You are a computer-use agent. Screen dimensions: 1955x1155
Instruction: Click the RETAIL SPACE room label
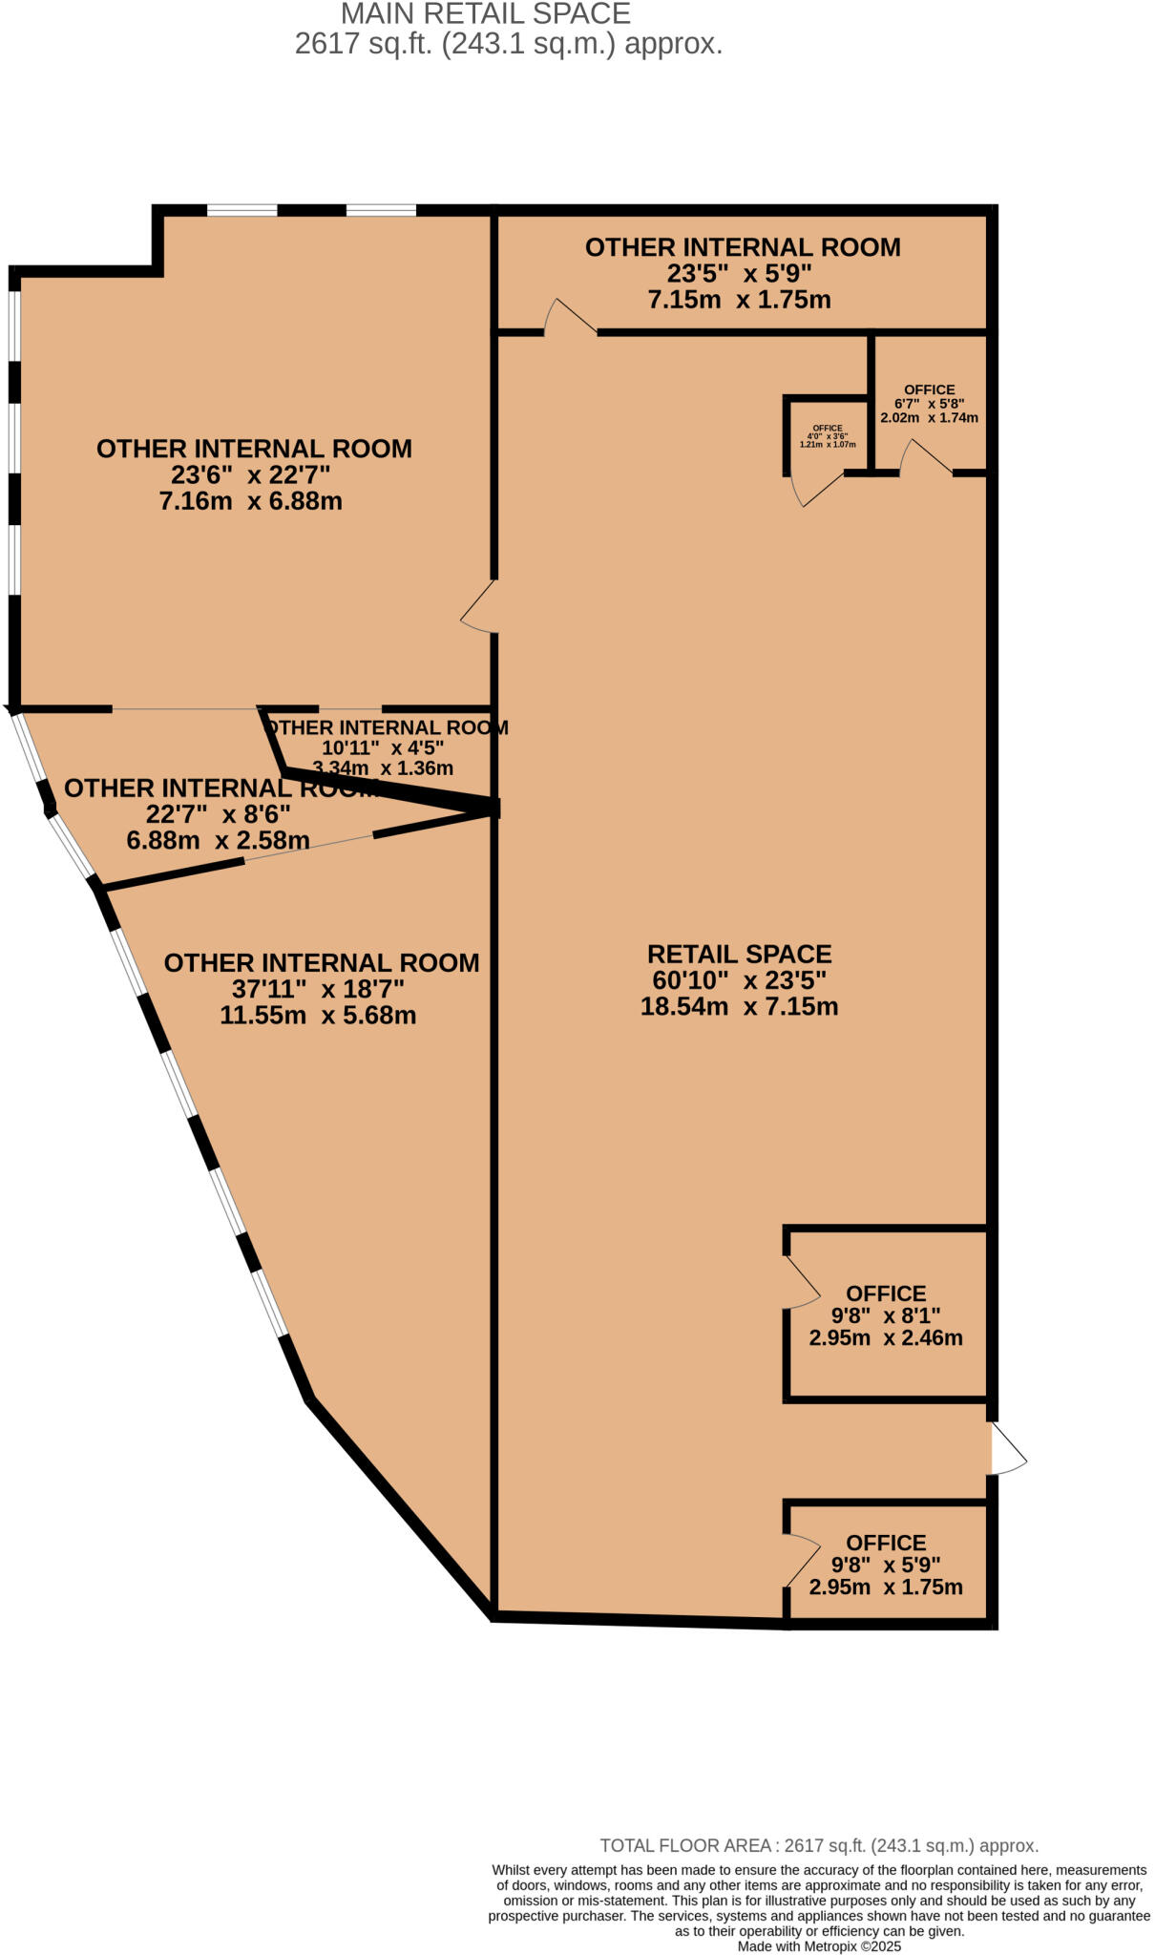[x=739, y=954]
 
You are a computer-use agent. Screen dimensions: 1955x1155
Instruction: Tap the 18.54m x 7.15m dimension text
[x=739, y=1006]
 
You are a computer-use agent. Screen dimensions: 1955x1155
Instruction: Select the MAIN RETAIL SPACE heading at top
[x=485, y=14]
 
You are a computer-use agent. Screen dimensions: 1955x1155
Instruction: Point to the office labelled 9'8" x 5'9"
[x=885, y=1565]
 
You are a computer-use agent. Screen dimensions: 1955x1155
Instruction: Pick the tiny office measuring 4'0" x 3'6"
[x=827, y=436]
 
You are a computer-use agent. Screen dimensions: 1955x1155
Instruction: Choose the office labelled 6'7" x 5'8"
[x=929, y=403]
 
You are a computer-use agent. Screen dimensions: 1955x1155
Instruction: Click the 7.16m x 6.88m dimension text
[x=251, y=501]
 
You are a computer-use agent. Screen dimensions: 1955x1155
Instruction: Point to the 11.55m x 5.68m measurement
[x=318, y=1015]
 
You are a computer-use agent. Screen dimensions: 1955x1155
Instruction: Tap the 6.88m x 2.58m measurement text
[x=218, y=840]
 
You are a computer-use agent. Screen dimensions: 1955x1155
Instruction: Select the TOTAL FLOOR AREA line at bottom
[x=818, y=1845]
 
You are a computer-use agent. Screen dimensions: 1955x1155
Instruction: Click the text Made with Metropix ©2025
[x=818, y=1945]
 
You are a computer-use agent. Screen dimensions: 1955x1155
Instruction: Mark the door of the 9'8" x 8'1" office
[x=802, y=1282]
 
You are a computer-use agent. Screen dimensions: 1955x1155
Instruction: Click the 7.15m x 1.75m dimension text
[x=739, y=300]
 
